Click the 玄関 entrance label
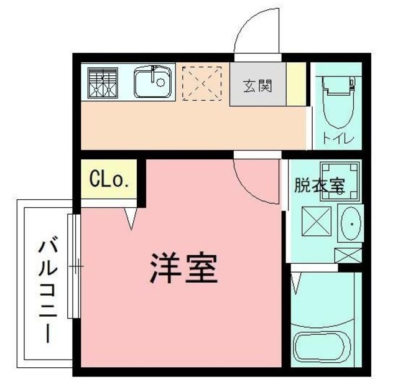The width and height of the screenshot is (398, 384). point(256,85)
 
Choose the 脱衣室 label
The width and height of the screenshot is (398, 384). point(319,185)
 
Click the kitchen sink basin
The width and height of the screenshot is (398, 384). point(152,83)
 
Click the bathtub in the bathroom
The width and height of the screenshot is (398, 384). point(324,348)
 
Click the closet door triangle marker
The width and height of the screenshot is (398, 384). point(131,218)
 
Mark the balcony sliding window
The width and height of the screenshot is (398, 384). point(74,268)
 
